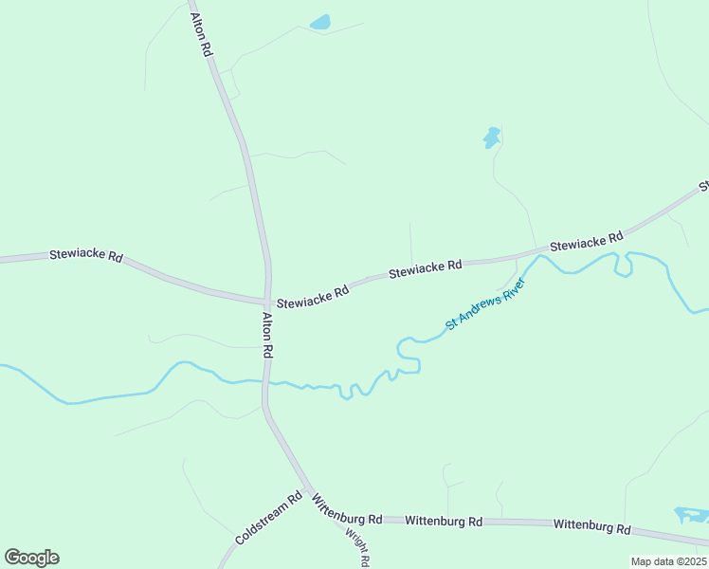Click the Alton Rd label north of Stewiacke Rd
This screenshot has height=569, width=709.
(200, 34)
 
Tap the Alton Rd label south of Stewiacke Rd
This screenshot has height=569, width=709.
(268, 335)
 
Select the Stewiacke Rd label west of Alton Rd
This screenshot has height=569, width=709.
(87, 256)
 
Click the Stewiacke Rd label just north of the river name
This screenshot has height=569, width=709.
(425, 269)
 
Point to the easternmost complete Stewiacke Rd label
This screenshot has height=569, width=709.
(586, 241)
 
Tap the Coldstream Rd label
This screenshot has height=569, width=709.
(267, 518)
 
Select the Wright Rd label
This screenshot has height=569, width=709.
(356, 545)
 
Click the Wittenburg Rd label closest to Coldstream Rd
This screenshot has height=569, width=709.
(347, 512)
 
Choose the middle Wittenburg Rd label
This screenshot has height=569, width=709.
(444, 521)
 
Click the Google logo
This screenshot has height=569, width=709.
(31, 558)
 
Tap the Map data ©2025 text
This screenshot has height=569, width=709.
(668, 561)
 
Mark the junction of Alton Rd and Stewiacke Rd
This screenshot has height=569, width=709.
(267, 302)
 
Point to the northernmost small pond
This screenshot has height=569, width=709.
(320, 22)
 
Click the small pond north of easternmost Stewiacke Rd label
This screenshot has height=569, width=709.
(492, 138)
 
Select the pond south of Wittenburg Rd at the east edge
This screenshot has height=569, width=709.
(692, 515)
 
